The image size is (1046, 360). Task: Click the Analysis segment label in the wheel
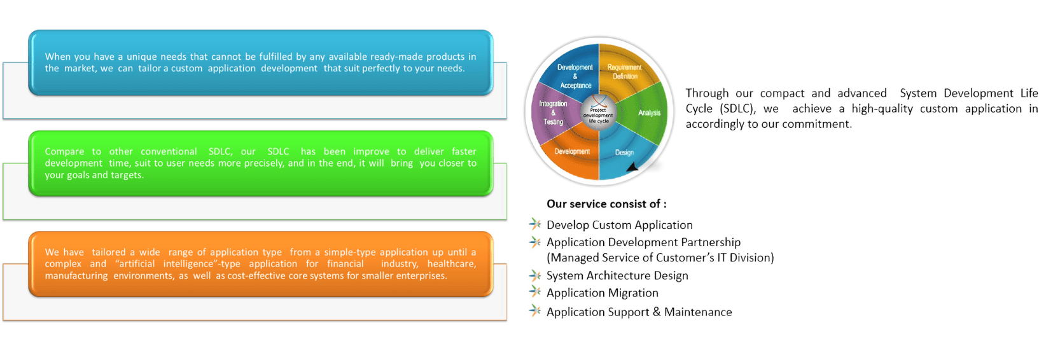[x=649, y=113]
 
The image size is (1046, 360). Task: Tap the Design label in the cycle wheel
[x=624, y=153]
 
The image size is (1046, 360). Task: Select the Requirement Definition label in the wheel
[x=624, y=72]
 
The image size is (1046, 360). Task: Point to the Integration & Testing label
[x=553, y=113]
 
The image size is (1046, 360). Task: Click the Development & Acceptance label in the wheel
[x=575, y=76]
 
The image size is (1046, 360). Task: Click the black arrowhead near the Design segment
[x=632, y=167]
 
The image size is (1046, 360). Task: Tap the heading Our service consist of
[x=606, y=204]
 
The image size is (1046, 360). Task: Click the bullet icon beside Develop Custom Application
[x=535, y=224]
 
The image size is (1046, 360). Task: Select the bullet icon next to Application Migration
[x=535, y=291]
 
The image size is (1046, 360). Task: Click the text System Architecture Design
[x=617, y=275]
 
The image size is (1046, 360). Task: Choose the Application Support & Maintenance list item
[x=639, y=312]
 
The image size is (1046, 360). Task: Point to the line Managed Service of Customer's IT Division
[x=660, y=258]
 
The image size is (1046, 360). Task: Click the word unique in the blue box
[x=141, y=57]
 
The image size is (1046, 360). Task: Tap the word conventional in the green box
[x=169, y=151]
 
